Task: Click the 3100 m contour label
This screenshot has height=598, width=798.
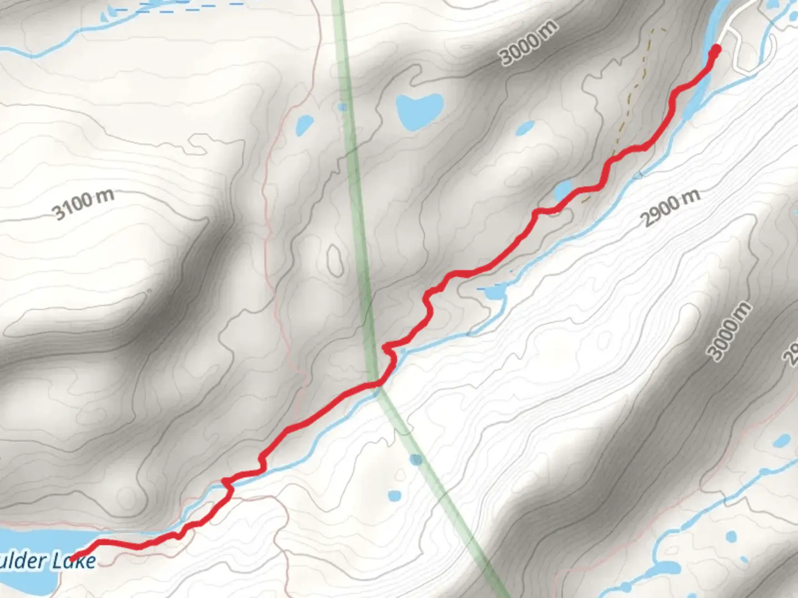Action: tap(83, 204)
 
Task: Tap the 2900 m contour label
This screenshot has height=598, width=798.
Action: tap(671, 208)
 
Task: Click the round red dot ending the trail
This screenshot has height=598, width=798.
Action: tap(715, 50)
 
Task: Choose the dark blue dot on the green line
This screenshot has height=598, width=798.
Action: tap(416, 459)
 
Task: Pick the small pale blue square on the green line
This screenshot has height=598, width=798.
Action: tap(343, 107)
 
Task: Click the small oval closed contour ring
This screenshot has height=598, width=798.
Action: tap(335, 259)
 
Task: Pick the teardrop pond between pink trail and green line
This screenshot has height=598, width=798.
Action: tap(304, 125)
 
